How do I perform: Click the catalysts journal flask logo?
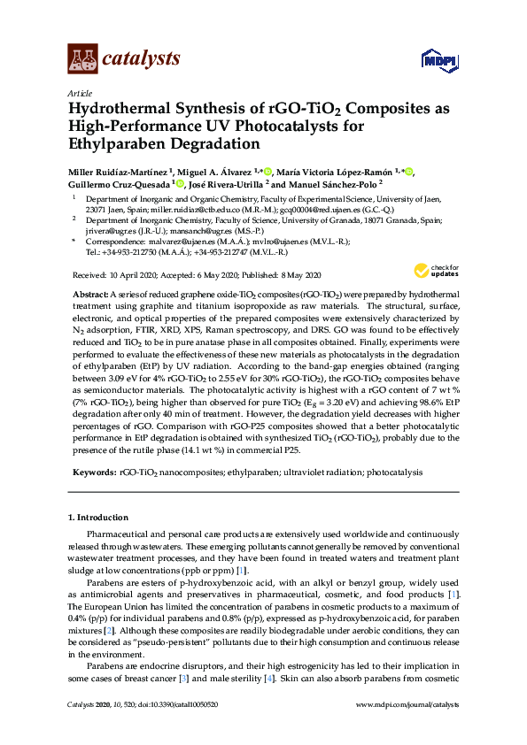(x=82, y=59)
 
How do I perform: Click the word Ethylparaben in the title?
(x=123, y=144)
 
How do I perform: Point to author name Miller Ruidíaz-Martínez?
(x=119, y=170)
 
